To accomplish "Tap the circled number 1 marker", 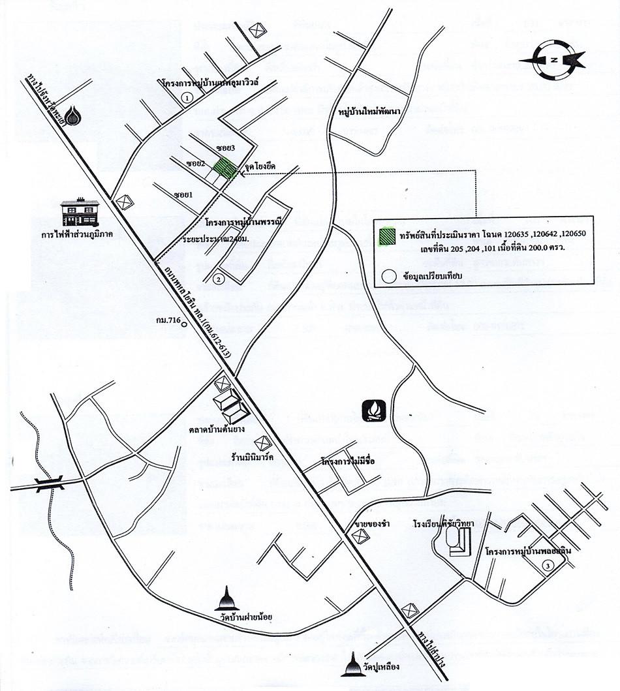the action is click(187, 98).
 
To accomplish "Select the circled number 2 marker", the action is click(219, 279).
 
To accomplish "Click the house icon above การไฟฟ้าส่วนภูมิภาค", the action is click(80, 212).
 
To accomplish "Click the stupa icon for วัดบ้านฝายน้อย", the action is click(228, 598).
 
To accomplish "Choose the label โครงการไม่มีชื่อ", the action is click(350, 461).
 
